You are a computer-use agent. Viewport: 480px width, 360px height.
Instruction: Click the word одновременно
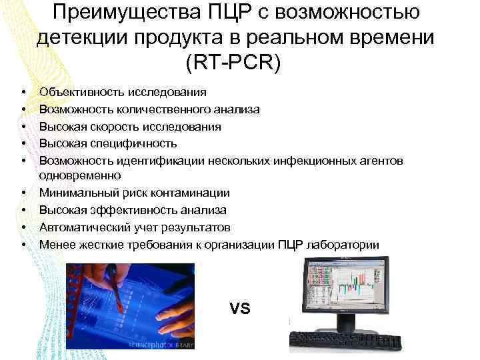click(x=80, y=176)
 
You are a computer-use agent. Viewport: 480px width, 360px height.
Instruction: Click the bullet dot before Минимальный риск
click(x=23, y=193)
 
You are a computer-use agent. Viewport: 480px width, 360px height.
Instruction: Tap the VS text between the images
click(x=239, y=309)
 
